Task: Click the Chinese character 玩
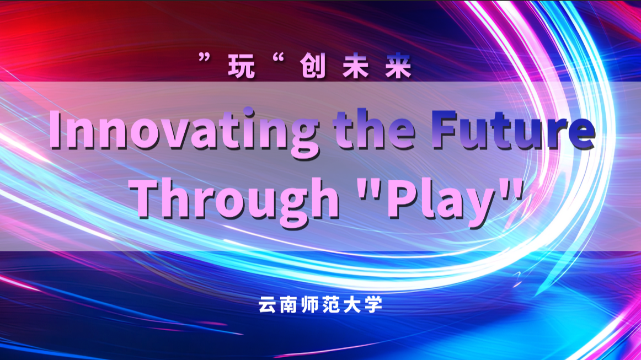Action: (x=242, y=66)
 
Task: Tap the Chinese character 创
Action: (x=313, y=66)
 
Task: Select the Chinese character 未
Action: (x=356, y=66)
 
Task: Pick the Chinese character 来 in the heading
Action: (x=398, y=66)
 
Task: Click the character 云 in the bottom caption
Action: (x=268, y=304)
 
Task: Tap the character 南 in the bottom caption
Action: (x=289, y=304)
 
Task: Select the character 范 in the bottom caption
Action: (x=332, y=304)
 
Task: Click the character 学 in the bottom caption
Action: (x=373, y=304)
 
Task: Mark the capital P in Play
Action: (x=402, y=198)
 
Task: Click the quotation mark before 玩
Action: (x=205, y=58)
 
